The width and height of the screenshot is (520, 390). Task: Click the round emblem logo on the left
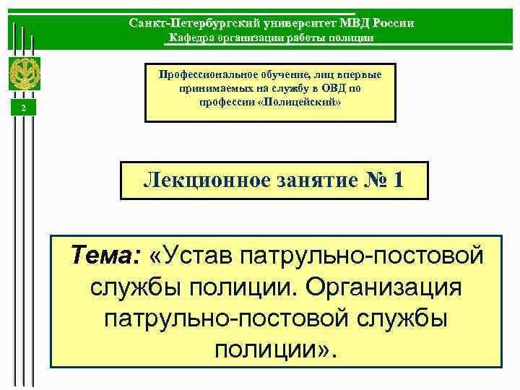coord(24,72)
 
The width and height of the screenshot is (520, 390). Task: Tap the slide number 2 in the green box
coord(24,108)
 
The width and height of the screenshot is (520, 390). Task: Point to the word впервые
coord(360,74)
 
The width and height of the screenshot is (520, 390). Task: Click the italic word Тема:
coord(103,255)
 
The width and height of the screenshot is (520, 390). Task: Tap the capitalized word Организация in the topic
coord(383,287)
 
